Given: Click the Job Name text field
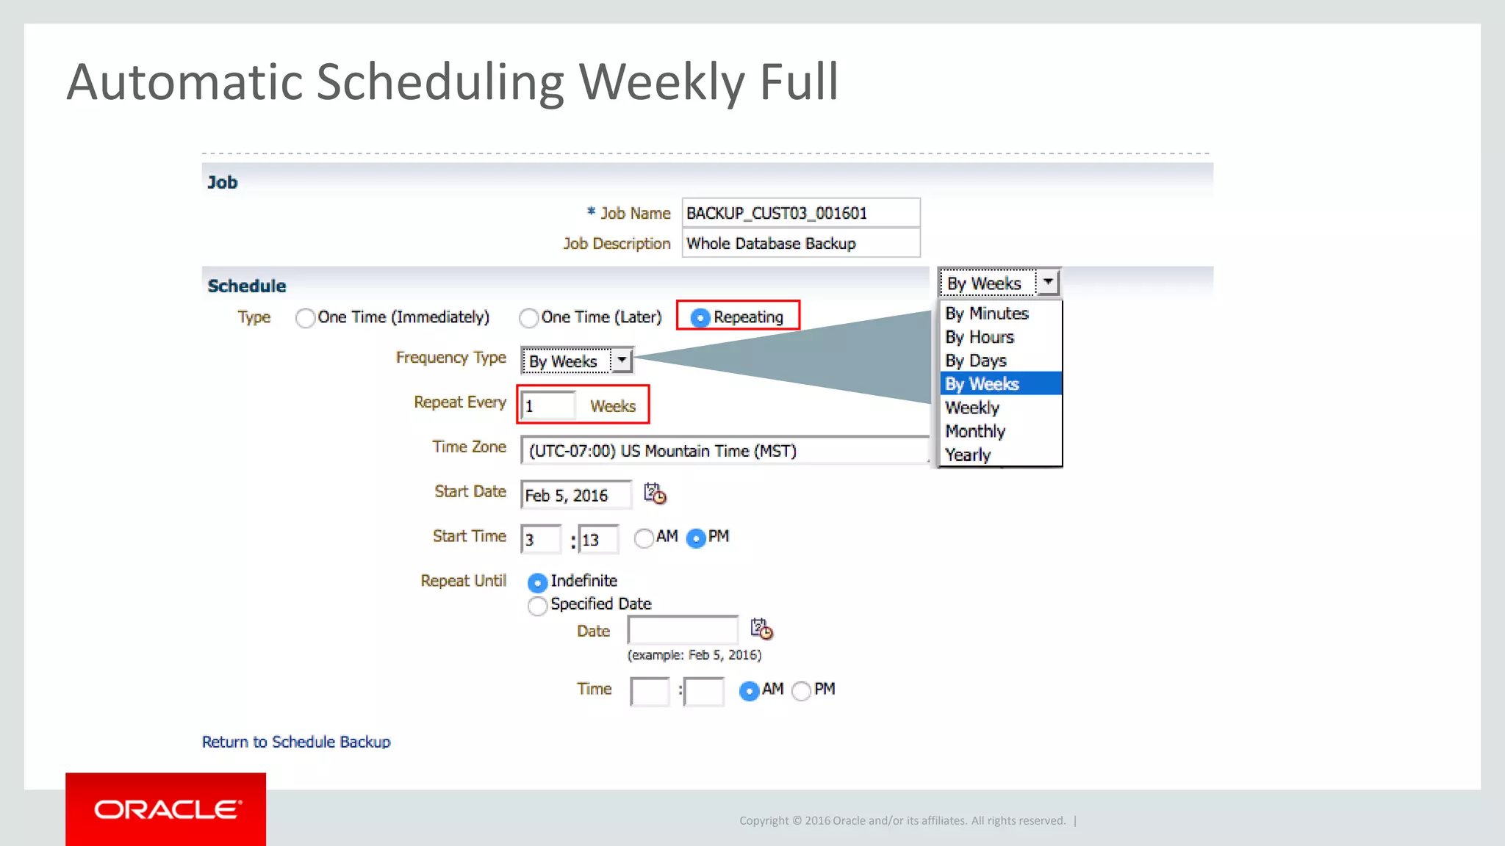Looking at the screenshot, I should (x=800, y=213).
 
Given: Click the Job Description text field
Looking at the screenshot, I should (x=800, y=243).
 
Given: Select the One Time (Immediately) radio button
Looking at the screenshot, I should (x=305, y=318).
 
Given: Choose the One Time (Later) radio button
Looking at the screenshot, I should (x=528, y=318).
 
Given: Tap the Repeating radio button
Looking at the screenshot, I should (x=700, y=317).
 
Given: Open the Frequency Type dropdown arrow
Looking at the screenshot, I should (x=622, y=361).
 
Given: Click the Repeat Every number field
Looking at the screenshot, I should (x=548, y=406).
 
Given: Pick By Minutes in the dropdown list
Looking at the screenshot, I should (x=987, y=314).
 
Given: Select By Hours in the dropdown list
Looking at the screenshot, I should (x=980, y=337).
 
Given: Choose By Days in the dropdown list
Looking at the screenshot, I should (x=976, y=361).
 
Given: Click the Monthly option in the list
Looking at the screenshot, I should (x=975, y=431).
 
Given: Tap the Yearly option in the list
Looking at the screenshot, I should (x=968, y=455).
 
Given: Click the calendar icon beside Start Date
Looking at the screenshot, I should (x=655, y=493).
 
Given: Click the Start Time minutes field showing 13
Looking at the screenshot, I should (x=597, y=540).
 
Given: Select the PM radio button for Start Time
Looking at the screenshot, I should (x=695, y=538).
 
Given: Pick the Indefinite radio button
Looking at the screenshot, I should (x=537, y=582).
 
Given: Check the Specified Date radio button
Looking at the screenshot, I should (x=537, y=606).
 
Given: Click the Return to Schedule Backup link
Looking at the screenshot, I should (x=296, y=742).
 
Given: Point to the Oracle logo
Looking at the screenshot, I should (x=166, y=809).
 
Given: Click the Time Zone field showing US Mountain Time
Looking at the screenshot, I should (x=724, y=451).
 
